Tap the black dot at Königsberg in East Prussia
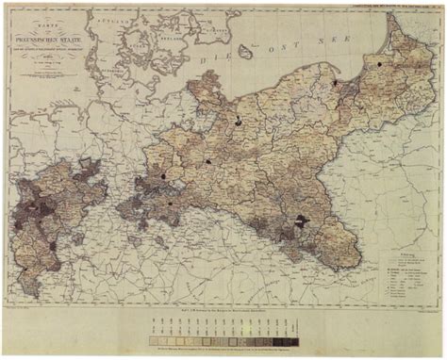pyautogui.click(x=378, y=65)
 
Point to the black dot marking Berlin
pyautogui.click(x=207, y=161)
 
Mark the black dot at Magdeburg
pyautogui.click(x=162, y=174)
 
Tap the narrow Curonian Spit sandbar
pyautogui.click(x=387, y=42)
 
